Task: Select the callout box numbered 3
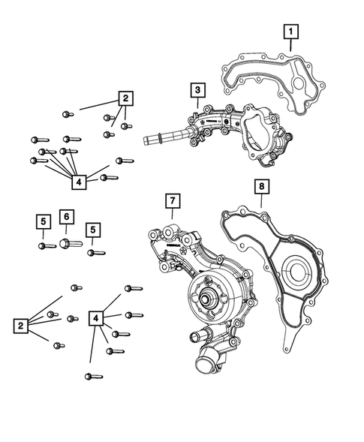tap(197, 91)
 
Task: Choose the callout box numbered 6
tap(66, 217)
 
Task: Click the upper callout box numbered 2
tap(125, 98)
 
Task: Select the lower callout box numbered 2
tap(20, 325)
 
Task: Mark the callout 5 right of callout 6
tap(93, 229)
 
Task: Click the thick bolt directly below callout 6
tap(67, 242)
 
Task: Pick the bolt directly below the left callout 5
tap(43, 245)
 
